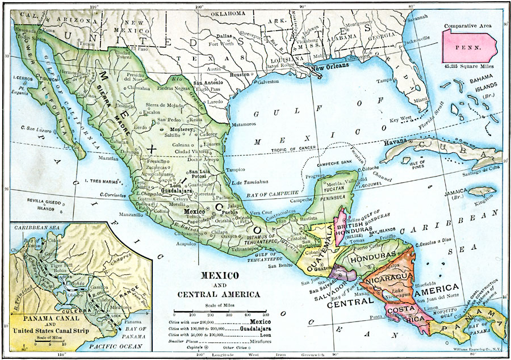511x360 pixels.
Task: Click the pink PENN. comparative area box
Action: click(x=472, y=44)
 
